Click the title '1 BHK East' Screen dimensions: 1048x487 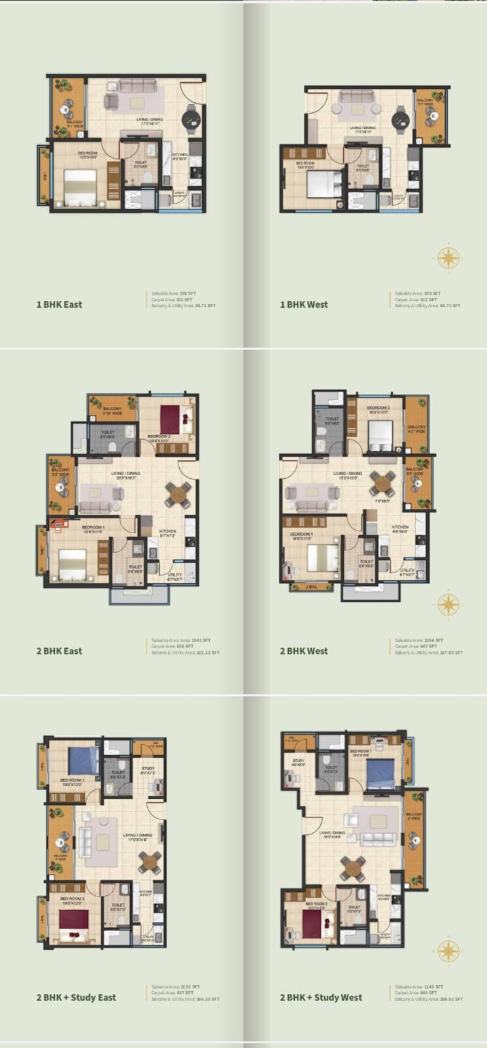click(59, 304)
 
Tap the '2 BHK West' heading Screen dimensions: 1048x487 click(304, 651)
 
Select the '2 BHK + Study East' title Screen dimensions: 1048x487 click(76, 997)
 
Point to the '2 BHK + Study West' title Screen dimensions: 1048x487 click(321, 997)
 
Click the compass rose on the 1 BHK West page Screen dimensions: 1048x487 click(448, 257)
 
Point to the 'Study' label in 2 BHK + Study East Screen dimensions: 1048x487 click(148, 768)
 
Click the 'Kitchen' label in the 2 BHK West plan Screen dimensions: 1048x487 click(400, 527)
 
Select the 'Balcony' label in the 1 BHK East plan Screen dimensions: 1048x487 click(74, 122)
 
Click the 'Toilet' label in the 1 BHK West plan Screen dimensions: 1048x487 click(362, 167)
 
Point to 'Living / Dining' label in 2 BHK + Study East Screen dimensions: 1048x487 click(137, 835)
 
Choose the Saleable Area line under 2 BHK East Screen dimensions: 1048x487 click(181, 640)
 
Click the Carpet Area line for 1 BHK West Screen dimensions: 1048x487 click(417, 299)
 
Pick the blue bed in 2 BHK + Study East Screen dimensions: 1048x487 click(82, 761)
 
